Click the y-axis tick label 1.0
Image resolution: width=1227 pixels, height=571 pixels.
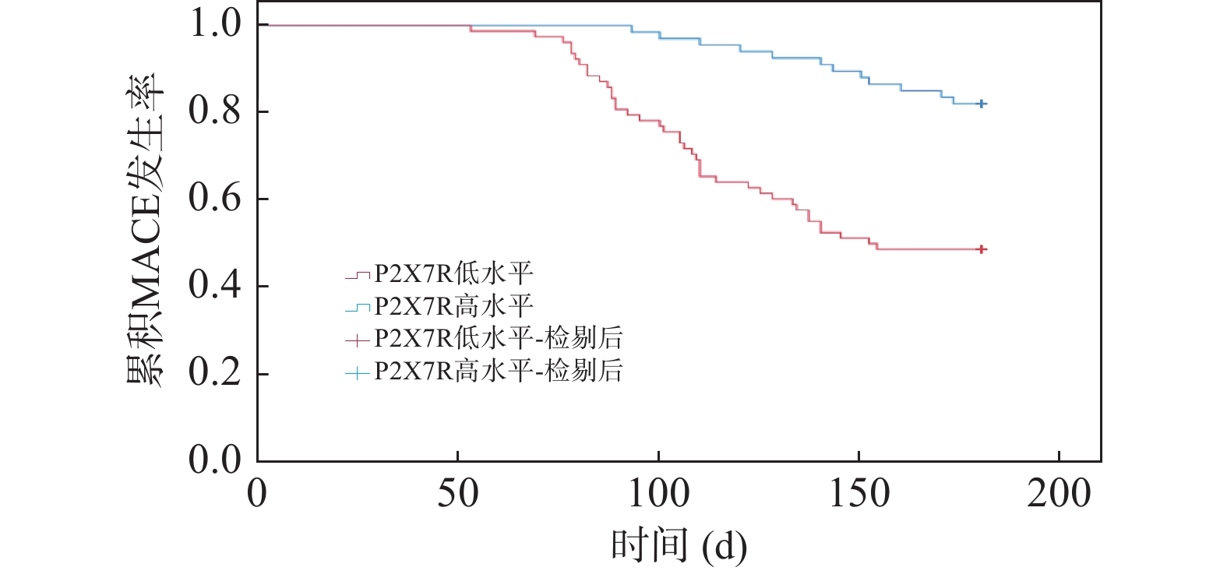point(215,24)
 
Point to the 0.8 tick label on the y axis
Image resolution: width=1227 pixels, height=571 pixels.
point(215,111)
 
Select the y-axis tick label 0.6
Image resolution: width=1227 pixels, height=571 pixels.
point(215,199)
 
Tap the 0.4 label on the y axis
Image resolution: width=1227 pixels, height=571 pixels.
point(215,286)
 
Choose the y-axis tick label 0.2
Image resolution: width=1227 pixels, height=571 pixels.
point(215,373)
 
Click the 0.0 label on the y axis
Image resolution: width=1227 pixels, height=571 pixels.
point(215,460)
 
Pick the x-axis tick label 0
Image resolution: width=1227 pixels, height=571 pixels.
point(257,494)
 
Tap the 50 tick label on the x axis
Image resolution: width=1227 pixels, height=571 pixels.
point(457,494)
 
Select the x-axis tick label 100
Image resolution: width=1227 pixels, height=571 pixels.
point(658,494)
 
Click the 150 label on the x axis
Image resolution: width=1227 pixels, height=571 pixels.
point(859,494)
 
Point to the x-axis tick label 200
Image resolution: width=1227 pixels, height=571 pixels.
point(1059,494)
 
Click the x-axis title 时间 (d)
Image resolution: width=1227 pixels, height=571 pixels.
point(679,545)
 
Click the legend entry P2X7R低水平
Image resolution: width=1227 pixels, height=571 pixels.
point(453,274)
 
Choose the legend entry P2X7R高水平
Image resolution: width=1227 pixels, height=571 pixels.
point(453,306)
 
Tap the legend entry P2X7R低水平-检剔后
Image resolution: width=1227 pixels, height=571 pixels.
point(499,339)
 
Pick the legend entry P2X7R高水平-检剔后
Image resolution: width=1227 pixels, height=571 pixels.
point(499,371)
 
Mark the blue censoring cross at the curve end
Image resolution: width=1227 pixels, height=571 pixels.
point(982,104)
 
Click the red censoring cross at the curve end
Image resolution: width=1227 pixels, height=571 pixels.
point(982,249)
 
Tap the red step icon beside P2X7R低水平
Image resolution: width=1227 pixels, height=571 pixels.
point(358,275)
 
